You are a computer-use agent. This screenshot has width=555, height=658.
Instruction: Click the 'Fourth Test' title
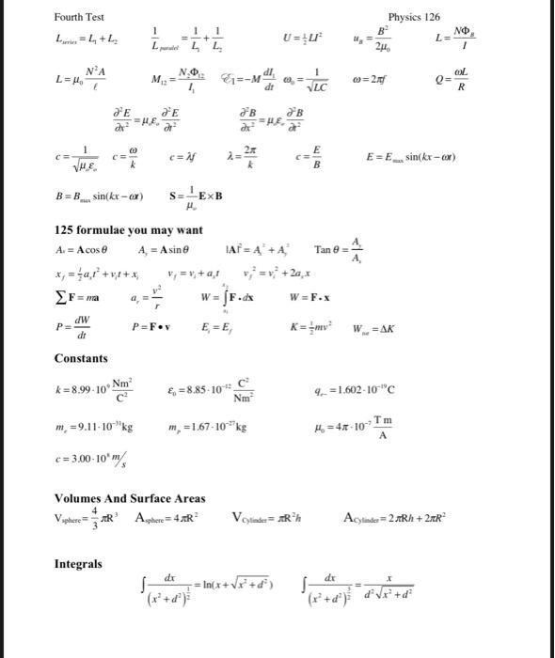(79, 17)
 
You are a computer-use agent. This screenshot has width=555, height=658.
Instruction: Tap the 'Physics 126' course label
(414, 17)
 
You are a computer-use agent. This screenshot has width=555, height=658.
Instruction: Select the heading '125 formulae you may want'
(128, 230)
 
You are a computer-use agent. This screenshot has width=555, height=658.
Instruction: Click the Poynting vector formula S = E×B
(198, 199)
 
